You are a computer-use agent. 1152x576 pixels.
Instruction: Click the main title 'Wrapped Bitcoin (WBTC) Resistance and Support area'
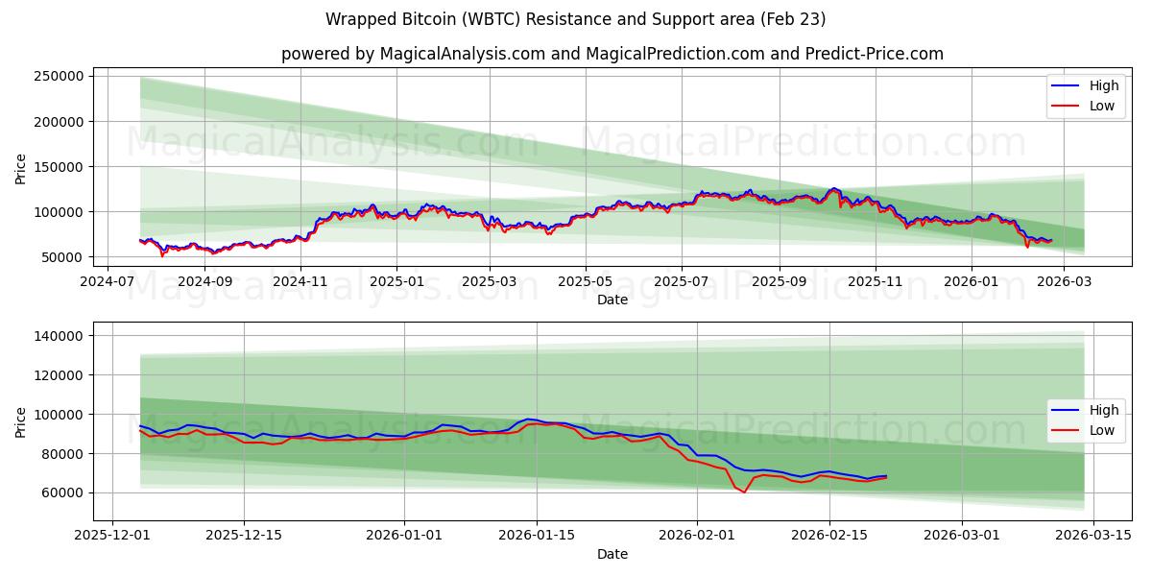coord(575,19)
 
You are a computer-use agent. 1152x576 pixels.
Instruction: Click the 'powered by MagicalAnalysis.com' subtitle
coord(612,54)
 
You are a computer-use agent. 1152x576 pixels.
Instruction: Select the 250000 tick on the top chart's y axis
coord(84,76)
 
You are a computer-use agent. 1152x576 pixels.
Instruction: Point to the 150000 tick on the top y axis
coord(84,166)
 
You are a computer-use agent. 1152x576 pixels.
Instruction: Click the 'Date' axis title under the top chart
coord(612,300)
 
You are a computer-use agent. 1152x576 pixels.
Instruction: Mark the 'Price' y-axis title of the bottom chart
coord(21,420)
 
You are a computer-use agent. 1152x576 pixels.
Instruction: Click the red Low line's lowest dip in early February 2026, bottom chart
coord(744,492)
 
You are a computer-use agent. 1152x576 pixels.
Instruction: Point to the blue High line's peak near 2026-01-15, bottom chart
coord(528,419)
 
